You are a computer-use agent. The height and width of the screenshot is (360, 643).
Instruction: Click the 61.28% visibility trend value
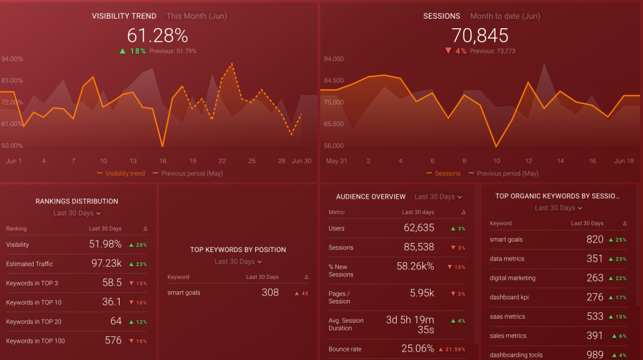tap(158, 36)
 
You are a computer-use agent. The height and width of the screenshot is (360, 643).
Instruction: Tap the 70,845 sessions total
tap(480, 36)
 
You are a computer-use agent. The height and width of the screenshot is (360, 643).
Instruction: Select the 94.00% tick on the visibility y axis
tap(12, 59)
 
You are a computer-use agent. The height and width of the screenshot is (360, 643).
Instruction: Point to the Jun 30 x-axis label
tap(302, 161)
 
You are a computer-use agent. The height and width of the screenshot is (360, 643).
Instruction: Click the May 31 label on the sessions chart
tap(337, 161)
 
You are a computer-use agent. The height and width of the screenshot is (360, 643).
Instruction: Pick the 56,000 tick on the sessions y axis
tap(333, 146)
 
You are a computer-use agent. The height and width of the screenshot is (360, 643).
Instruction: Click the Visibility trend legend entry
tap(125, 174)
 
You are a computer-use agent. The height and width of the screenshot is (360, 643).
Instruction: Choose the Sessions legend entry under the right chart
tap(448, 174)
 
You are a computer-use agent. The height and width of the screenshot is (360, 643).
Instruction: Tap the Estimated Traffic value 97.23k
tap(105, 264)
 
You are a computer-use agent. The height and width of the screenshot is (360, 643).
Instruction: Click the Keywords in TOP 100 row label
tap(35, 341)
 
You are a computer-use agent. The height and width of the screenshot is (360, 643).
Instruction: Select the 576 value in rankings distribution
tap(113, 341)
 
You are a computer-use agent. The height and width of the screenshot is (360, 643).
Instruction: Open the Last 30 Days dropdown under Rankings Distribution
tap(77, 213)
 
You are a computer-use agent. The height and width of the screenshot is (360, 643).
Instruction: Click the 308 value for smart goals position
tap(270, 292)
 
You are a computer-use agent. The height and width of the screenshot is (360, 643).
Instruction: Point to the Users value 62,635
tap(419, 228)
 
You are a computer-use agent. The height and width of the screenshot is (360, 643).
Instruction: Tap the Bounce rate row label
tap(346, 349)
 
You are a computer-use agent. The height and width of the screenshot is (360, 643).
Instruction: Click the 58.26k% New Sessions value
tap(415, 266)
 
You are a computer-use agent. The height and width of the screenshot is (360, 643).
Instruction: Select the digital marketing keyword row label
tap(512, 278)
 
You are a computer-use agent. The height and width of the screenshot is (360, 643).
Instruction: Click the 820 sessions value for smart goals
tap(595, 240)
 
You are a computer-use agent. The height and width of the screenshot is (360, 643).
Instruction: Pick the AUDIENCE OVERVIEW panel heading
tap(371, 197)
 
